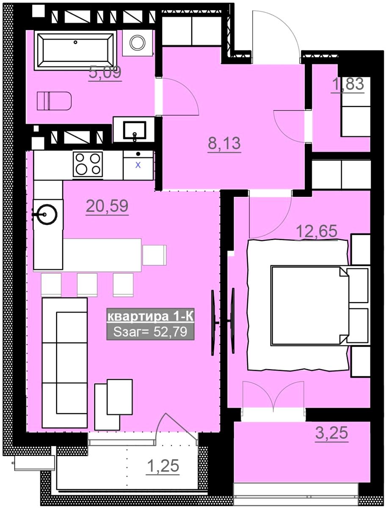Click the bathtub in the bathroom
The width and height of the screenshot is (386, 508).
75,50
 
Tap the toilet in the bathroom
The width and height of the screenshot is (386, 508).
54,101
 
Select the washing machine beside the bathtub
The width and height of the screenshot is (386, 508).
138,43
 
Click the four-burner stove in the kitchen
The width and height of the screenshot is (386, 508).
88,164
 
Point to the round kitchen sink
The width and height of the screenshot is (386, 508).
47,214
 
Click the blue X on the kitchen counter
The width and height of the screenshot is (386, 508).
138,165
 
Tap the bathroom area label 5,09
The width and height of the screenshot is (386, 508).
105,73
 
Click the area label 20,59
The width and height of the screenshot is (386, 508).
107,206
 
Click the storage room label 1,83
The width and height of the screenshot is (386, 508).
347,84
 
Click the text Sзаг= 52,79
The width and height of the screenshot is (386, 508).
150,332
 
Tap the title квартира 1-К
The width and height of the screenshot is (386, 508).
150,316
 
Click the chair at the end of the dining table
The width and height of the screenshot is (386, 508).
154,255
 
